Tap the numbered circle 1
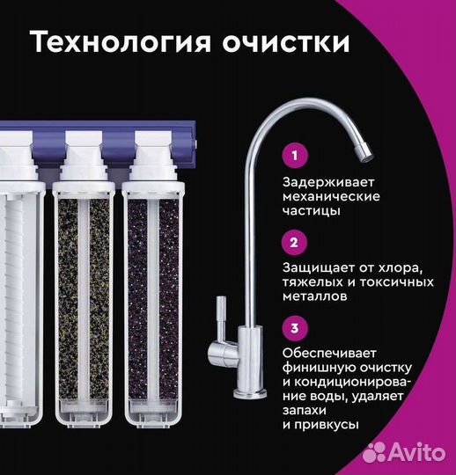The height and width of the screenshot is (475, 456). click(295, 156)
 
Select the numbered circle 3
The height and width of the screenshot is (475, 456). click(295, 328)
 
